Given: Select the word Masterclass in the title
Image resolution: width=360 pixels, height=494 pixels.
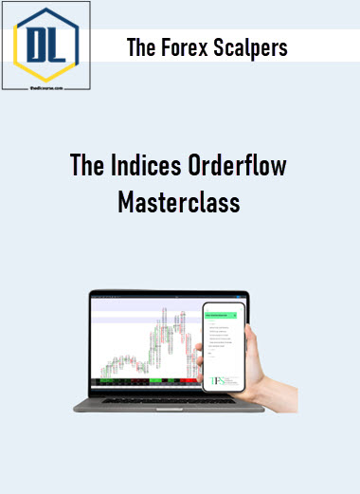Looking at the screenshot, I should pos(179,203).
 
